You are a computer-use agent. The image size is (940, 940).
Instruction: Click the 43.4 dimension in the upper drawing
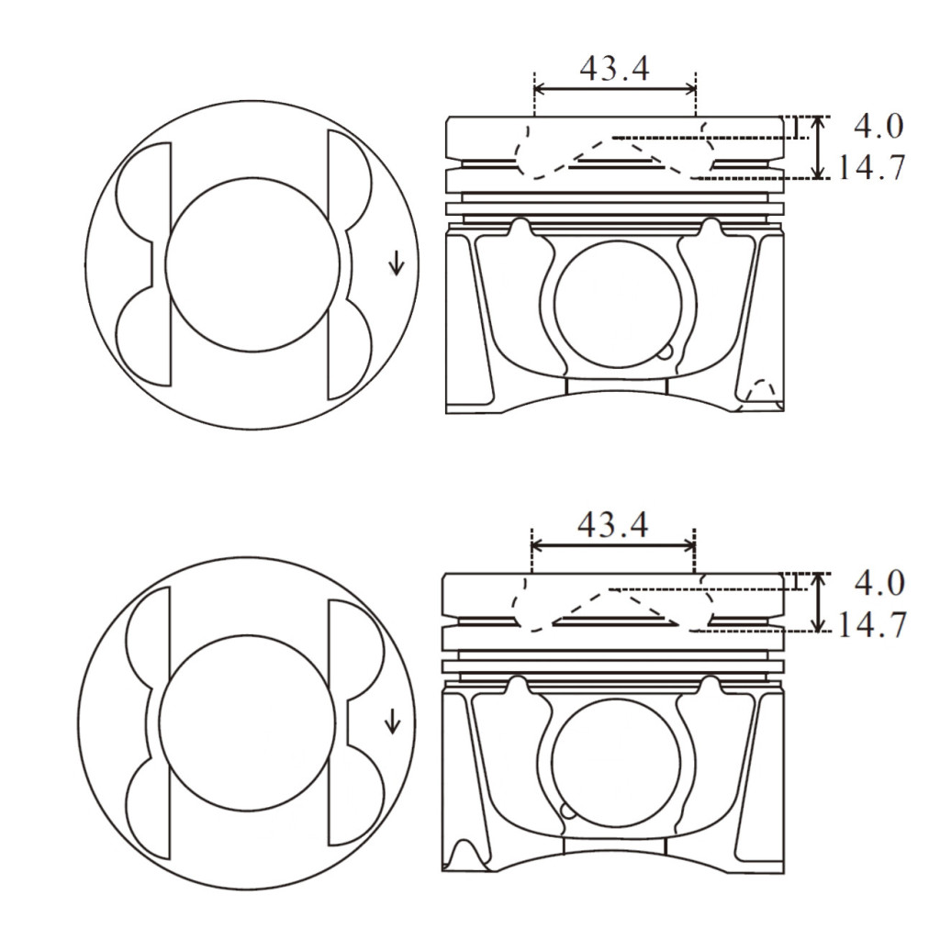(x=615, y=68)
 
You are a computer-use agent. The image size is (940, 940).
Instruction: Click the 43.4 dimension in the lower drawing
(x=612, y=524)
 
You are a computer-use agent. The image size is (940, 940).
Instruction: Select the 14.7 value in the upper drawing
(x=872, y=167)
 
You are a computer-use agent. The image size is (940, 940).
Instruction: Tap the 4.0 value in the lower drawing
(x=878, y=582)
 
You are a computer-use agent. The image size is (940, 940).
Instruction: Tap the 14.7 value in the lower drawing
(x=872, y=624)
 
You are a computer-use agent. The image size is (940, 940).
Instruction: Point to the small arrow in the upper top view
(x=396, y=264)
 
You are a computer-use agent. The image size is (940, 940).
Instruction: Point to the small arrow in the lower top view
(x=392, y=721)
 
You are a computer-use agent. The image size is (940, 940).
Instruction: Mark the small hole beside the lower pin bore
(x=567, y=810)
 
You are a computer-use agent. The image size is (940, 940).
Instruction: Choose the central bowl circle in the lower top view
(x=246, y=721)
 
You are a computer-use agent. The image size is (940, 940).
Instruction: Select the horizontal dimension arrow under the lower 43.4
(x=612, y=545)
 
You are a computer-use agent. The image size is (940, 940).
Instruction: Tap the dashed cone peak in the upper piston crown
(x=613, y=138)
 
